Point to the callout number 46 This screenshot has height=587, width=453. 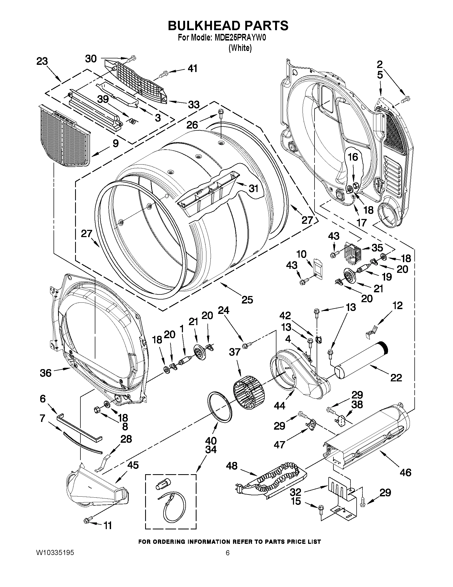(405, 472)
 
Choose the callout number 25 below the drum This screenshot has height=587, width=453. (247, 300)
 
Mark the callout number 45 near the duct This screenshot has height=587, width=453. (133, 465)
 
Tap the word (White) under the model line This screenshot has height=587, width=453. (240, 48)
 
